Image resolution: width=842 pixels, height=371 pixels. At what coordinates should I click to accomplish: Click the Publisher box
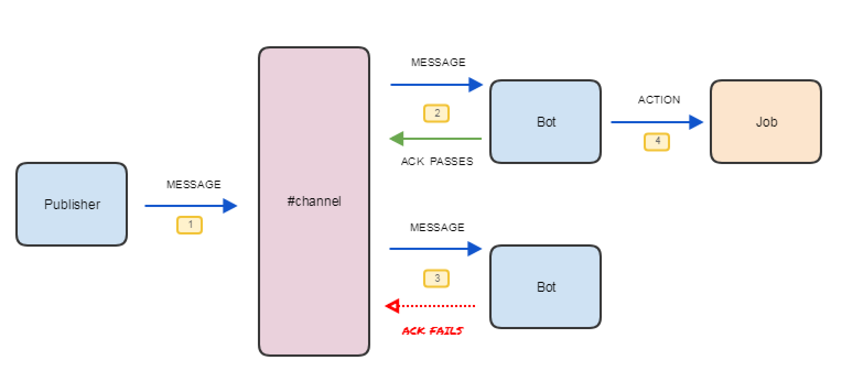tap(72, 204)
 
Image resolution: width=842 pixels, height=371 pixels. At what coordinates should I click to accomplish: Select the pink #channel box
tap(314, 201)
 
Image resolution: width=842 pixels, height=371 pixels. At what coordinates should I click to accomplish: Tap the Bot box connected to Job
tap(546, 122)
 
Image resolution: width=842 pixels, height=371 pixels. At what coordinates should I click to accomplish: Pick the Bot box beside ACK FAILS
tap(546, 287)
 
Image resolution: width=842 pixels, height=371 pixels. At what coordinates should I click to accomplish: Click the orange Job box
tap(766, 122)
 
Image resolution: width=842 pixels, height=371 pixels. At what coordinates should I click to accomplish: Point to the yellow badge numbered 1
tap(190, 225)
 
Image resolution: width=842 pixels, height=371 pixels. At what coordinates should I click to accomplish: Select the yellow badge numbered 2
tap(436, 113)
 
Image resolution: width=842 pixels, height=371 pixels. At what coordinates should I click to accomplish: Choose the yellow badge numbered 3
tap(436, 279)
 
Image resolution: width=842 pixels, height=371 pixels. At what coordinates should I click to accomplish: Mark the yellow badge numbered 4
tap(657, 141)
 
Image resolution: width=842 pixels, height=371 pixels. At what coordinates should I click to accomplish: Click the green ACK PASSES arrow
tap(435, 139)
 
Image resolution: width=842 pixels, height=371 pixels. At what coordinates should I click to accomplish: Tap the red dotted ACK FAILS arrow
tap(430, 305)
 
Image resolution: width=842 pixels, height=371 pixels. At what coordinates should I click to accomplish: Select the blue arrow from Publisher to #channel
tap(191, 206)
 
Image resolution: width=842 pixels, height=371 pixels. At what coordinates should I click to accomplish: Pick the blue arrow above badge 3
tap(435, 249)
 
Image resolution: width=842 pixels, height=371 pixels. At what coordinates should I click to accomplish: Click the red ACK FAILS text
tap(433, 331)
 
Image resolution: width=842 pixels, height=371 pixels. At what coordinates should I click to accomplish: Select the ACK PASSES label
tap(437, 162)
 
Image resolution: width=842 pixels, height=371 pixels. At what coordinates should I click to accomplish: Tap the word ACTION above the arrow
tap(659, 100)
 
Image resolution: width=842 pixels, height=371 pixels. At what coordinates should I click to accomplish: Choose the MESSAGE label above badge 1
tap(193, 184)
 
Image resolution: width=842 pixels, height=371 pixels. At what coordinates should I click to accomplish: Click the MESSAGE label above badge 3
tap(438, 227)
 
